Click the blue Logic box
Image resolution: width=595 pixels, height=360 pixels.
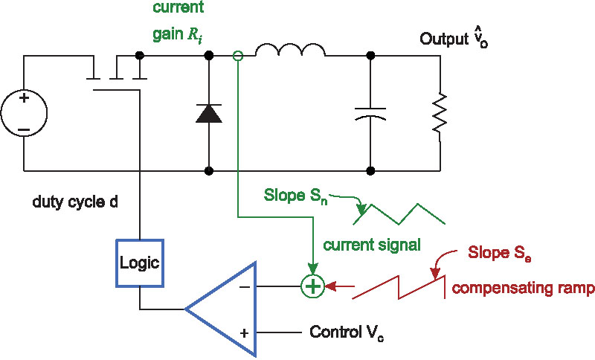(139, 261)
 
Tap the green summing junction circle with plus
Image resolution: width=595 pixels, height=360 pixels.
(313, 285)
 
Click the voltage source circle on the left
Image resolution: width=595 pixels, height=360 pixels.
(23, 113)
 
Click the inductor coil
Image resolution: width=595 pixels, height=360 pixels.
(290, 50)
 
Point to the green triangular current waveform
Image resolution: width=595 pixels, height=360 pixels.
(399, 212)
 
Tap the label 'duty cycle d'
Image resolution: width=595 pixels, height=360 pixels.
(75, 202)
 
